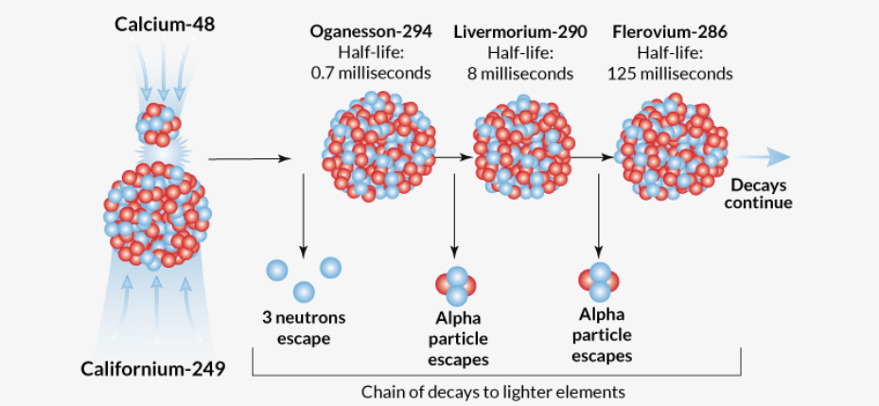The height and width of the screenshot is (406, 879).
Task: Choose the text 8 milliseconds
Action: pos(519,72)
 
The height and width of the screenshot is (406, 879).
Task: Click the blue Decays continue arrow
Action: pos(761,157)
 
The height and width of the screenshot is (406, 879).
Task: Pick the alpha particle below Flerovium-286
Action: pos(598,280)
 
